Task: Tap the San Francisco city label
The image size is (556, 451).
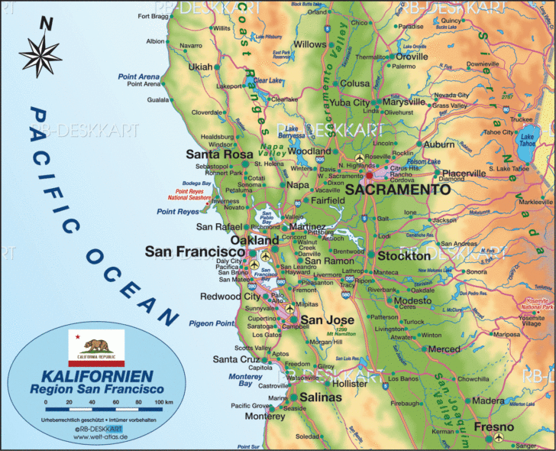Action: [x=194, y=251]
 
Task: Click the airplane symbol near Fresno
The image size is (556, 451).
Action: [x=499, y=438]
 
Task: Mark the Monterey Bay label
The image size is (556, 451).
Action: [x=245, y=379]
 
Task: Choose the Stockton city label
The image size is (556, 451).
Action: [x=404, y=256]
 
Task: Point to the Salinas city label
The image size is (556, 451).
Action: [x=320, y=397]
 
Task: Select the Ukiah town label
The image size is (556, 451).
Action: [x=200, y=67]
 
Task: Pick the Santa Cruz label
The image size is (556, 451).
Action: [x=236, y=359]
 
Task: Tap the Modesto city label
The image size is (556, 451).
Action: [x=412, y=301]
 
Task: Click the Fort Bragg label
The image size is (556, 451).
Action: [x=154, y=16]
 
